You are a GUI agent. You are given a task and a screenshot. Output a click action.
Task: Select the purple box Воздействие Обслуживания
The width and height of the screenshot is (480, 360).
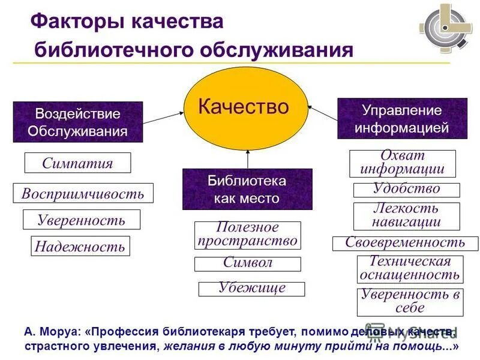pos(78,122)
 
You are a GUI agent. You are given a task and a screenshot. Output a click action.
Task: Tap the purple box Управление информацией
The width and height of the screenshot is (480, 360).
pos(402,119)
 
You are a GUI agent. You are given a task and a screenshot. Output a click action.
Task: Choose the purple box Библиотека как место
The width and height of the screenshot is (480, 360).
pos(247,189)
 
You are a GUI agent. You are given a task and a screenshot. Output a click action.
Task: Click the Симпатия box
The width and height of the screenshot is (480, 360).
pos(77,163)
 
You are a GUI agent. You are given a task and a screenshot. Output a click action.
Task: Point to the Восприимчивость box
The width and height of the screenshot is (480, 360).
pos(83,193)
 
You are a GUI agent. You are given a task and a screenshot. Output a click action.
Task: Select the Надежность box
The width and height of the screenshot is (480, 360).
pos(80,245)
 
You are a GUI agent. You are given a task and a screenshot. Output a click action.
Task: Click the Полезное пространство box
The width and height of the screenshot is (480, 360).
pos(247,235)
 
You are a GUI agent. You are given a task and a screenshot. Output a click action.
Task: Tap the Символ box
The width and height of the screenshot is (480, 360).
pos(247,263)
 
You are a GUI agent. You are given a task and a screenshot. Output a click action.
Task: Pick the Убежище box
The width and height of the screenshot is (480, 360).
pos(251,289)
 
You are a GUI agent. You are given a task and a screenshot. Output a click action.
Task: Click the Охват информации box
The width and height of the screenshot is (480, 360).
pos(403,163)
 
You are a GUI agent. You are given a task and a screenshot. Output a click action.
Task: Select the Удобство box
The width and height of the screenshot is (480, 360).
pos(406,190)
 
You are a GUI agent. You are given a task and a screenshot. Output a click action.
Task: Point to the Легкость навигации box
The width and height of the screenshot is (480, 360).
pos(406,216)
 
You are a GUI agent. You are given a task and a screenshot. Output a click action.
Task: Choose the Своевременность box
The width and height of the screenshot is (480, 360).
pos(405,243)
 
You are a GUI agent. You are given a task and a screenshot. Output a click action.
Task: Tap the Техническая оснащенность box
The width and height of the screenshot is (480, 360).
pos(410,269)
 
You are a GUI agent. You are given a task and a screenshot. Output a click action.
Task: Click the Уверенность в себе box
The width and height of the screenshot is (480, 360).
pos(410,302)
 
